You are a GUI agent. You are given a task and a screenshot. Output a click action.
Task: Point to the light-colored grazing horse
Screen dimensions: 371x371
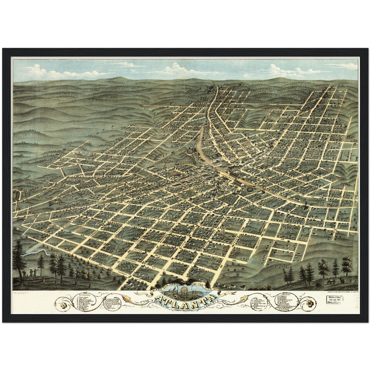[x=331, y=281]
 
